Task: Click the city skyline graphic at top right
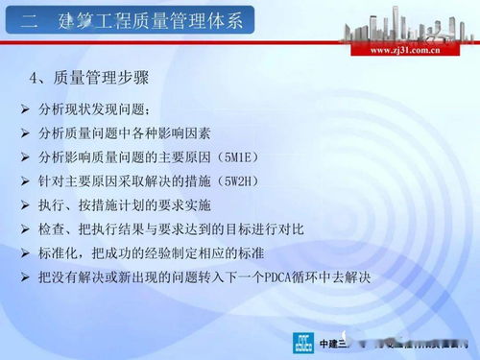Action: point(404,24)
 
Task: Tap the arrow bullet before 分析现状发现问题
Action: point(25,108)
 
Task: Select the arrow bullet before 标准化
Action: point(25,253)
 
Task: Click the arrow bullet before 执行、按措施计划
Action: point(25,205)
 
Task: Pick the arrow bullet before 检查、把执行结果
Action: point(25,229)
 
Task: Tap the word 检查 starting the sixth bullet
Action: point(57,229)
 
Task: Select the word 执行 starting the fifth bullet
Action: point(57,205)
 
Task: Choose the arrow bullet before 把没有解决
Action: point(25,277)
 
